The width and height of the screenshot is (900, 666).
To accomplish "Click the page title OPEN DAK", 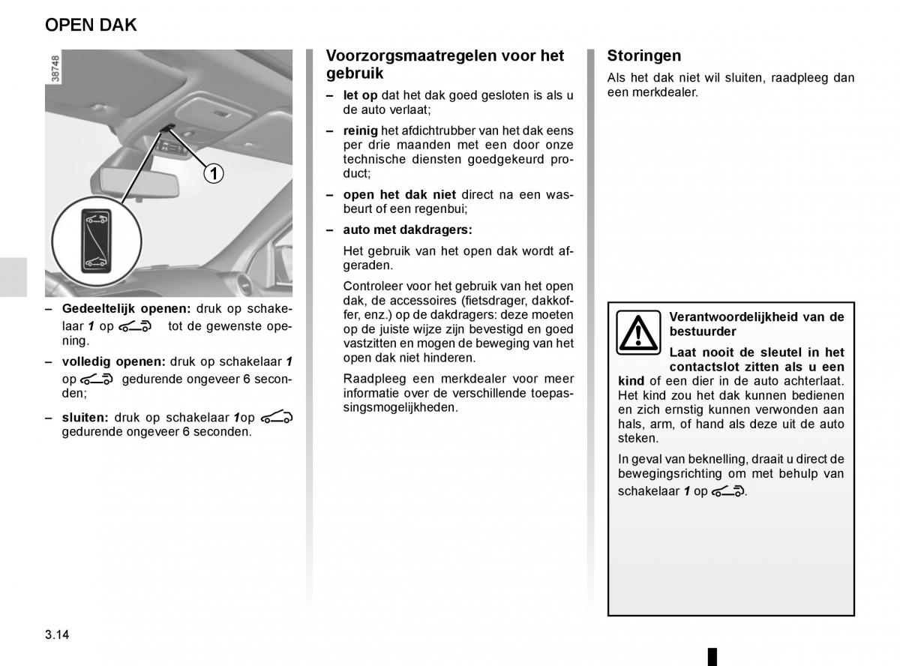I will point(91,25).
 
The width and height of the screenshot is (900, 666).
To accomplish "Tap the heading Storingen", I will point(644,55).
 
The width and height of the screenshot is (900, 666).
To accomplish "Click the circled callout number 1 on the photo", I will point(213,174).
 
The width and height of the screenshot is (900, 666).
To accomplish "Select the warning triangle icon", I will point(637,332).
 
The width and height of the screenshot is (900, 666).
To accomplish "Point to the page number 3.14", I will point(57,634).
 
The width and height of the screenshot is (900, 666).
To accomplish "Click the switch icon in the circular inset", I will point(94,240).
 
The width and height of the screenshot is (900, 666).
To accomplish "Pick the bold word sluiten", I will point(85,417).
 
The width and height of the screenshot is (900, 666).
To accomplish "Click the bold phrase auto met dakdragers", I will point(407,229).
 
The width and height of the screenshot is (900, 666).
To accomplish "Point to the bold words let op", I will point(360,95).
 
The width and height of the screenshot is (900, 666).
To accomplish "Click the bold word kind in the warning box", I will point(631,381).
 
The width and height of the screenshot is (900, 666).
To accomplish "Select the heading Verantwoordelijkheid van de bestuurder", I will point(756,324).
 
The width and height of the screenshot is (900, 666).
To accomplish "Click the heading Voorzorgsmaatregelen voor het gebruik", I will point(445,64).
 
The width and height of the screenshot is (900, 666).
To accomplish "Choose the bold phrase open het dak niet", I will point(399,194).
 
